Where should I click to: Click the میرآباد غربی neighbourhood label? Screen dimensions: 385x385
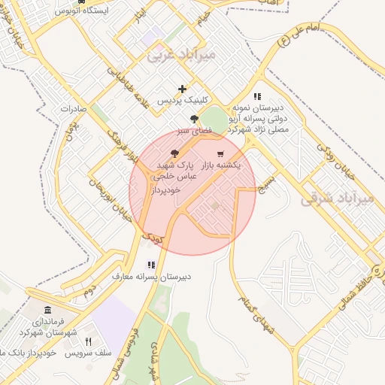point(180,54)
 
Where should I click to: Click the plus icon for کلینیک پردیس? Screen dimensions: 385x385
point(182,89)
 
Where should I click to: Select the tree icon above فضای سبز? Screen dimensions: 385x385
point(195,119)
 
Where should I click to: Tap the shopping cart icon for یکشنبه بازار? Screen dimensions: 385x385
point(220,154)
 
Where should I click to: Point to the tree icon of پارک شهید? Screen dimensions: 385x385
point(175,153)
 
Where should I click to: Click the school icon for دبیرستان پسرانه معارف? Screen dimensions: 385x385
point(151,265)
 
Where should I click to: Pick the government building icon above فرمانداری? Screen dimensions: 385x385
point(48,311)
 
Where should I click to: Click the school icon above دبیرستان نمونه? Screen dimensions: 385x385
point(258,96)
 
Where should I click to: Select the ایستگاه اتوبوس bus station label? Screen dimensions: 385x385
point(83,11)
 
